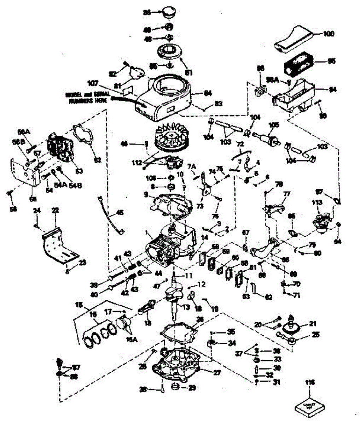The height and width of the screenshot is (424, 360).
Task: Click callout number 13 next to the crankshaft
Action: pos(186,307)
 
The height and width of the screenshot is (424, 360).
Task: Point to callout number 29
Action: pos(192,388)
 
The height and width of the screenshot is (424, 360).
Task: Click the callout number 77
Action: pos(286,194)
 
